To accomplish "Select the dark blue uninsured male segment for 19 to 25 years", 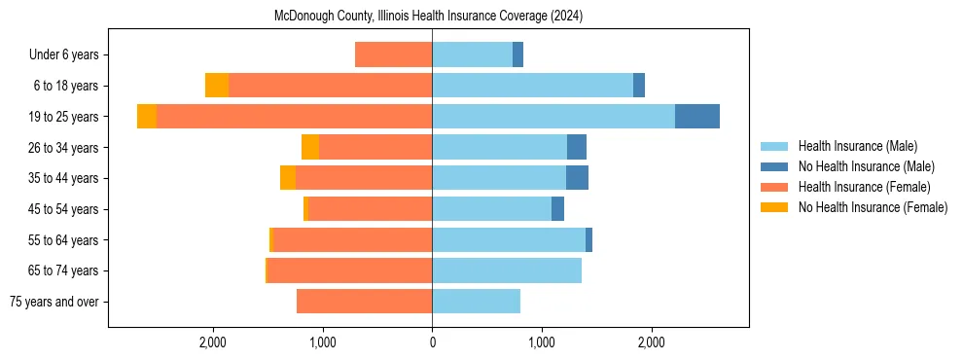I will (696, 116).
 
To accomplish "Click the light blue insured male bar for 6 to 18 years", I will (532, 86).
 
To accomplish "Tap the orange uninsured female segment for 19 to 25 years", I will (147, 116).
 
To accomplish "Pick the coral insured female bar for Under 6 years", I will (393, 54).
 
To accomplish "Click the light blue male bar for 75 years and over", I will (476, 302).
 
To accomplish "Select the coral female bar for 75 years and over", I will (364, 302).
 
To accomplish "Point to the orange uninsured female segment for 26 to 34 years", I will (310, 147).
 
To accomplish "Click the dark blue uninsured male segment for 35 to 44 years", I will (577, 178).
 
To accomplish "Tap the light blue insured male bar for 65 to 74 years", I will (506, 270).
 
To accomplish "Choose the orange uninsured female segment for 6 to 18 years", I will (217, 86).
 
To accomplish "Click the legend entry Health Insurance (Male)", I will (857, 146).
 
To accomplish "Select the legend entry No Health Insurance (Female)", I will (873, 207).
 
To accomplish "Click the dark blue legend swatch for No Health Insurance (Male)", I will (774, 166).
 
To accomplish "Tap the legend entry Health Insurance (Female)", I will (864, 187).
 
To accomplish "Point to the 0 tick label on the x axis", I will (432, 342).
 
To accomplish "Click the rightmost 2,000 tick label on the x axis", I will (652, 342).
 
